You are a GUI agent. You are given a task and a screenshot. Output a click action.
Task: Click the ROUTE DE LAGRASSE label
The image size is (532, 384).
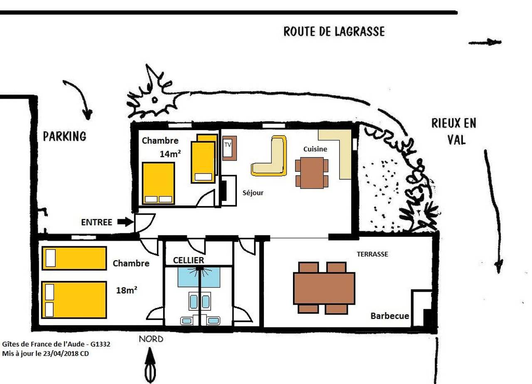334,32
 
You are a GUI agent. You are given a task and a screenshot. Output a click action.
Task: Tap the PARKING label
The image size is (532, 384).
64,136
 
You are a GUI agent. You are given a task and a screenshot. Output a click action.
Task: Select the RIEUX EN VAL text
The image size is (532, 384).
453,131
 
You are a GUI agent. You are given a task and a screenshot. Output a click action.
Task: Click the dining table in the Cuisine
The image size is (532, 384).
312,172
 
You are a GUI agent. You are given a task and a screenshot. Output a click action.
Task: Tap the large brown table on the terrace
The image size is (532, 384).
324,288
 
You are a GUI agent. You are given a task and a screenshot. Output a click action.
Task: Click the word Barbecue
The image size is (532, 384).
389,316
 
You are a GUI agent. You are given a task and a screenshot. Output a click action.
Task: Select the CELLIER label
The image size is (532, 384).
188,260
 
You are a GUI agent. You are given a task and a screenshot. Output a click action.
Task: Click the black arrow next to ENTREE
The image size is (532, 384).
124,222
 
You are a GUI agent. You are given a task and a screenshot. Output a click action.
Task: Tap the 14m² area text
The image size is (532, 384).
170,154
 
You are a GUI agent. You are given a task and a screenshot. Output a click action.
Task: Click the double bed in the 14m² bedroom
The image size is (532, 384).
158,183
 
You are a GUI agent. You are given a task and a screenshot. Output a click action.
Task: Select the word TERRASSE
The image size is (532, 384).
372,254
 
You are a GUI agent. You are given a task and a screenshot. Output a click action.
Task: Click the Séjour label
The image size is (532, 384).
253,193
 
